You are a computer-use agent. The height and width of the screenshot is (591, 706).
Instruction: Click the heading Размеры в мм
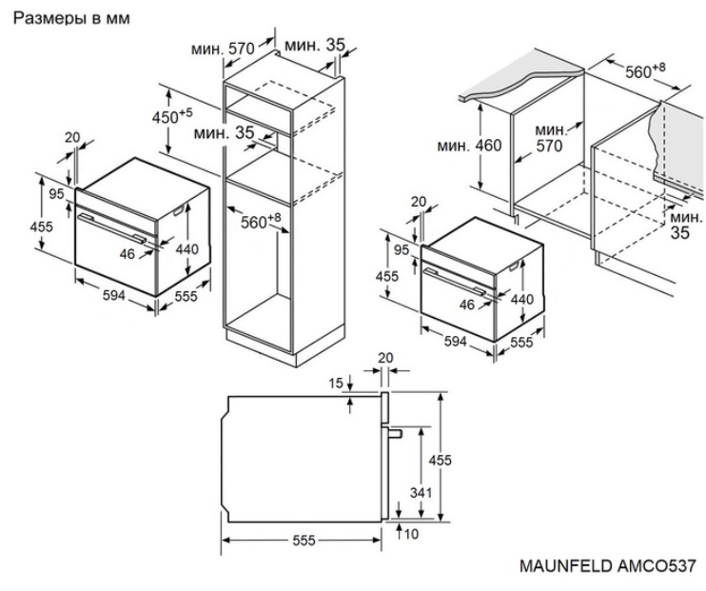[x=71, y=18]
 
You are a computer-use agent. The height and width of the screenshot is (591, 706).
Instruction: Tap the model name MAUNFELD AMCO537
[x=608, y=565]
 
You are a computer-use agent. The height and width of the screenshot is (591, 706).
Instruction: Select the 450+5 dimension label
[x=172, y=116]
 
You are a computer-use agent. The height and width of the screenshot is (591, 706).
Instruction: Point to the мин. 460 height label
[x=469, y=146]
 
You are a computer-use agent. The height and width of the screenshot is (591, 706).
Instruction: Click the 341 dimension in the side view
[x=421, y=493]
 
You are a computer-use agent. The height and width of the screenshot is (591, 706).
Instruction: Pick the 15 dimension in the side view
[x=336, y=384]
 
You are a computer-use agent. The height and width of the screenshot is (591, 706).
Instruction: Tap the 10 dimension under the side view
[x=411, y=534]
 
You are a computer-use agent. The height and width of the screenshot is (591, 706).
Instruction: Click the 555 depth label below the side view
[x=304, y=541]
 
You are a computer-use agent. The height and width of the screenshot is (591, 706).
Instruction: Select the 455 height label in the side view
[x=440, y=461]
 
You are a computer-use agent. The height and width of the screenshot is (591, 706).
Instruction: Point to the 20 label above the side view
[x=385, y=358]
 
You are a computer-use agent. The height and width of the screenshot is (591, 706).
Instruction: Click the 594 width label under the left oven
[x=114, y=295]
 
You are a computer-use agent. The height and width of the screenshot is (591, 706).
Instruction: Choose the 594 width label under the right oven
[x=455, y=342]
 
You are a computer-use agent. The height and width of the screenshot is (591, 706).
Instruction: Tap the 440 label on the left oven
[x=187, y=248]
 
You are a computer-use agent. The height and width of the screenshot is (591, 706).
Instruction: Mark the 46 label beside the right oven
[x=467, y=305]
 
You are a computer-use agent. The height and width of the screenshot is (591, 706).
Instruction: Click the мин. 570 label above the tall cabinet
[x=224, y=49]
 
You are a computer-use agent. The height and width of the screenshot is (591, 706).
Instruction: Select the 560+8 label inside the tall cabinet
[x=261, y=221]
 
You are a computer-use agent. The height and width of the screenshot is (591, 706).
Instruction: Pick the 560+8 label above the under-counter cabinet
[x=645, y=70]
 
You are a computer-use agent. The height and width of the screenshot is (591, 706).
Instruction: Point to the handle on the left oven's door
[x=111, y=228]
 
